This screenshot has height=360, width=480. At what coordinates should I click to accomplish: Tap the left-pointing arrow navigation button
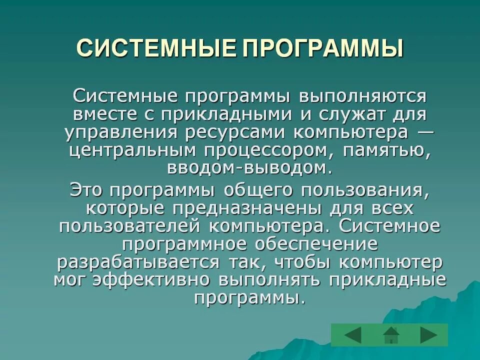coord(353,334)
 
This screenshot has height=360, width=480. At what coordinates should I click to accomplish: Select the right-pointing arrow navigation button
coord(428,334)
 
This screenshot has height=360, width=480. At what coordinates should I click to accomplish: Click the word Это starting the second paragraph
coord(87,190)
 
